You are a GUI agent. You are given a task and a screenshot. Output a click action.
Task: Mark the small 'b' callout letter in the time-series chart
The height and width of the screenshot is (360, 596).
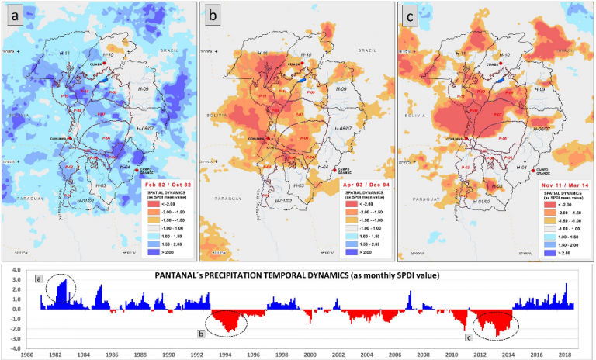click(201, 334)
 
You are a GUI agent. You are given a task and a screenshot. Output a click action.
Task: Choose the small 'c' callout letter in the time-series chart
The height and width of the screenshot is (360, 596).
click(467, 337)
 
